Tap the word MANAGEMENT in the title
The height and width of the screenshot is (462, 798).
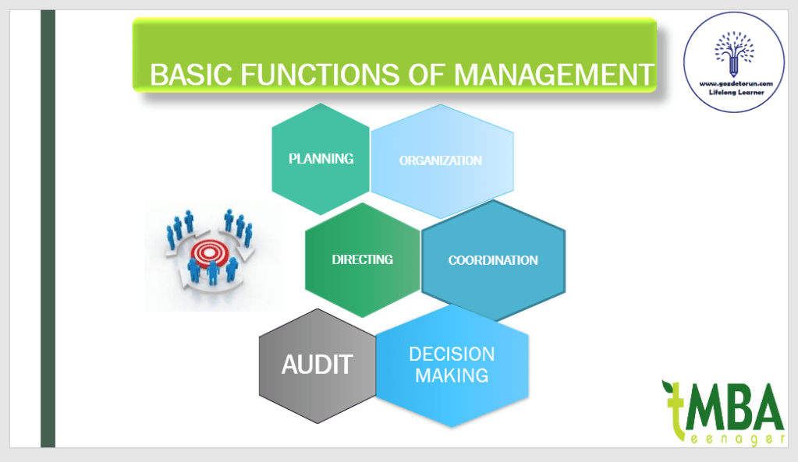pyautogui.click(x=553, y=75)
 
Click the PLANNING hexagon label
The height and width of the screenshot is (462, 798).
pyautogui.click(x=321, y=158)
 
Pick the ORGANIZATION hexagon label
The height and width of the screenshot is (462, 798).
pyautogui.click(x=440, y=160)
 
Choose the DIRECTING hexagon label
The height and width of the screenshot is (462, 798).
pyautogui.click(x=362, y=259)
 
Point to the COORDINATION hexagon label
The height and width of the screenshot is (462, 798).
pyautogui.click(x=493, y=260)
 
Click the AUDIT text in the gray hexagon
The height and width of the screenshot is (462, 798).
pyautogui.click(x=317, y=364)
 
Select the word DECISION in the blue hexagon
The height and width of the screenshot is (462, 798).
pyautogui.click(x=452, y=354)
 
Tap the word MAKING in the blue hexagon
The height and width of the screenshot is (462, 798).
pyautogui.click(x=452, y=376)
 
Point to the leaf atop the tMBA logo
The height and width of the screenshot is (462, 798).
pyautogui.click(x=669, y=387)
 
